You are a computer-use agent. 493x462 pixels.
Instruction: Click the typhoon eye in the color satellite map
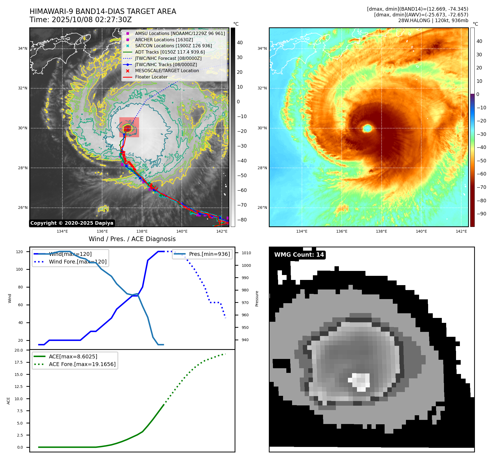pyautogui.click(x=367, y=128)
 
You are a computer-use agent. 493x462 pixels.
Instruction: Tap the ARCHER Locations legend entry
pyautogui.click(x=164, y=40)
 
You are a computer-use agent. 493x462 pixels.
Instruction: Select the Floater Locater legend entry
pyautogui.click(x=151, y=77)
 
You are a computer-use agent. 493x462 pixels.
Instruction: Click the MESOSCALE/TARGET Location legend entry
pyautogui.click(x=167, y=71)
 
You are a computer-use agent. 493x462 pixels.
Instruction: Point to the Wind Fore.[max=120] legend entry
pyautogui.click(x=77, y=262)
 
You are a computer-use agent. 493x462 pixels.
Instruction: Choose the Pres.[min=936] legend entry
pyautogui.click(x=209, y=254)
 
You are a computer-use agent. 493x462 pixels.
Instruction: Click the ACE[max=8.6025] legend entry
pyautogui.click(x=73, y=356)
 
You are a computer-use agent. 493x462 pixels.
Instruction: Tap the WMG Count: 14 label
pyautogui.click(x=299, y=255)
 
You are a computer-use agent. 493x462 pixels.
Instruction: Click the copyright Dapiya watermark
pyautogui.click(x=72, y=223)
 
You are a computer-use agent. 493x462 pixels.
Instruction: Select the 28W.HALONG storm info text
pyautogui.click(x=433, y=21)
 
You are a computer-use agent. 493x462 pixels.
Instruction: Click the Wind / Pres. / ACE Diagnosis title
pyautogui.click(x=132, y=239)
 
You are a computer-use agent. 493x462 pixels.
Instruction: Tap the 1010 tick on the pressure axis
pyautogui.click(x=246, y=253)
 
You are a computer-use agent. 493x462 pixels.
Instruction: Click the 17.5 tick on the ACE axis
pyautogui.click(x=19, y=362)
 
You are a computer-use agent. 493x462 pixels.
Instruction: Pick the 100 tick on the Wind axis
pyautogui.click(x=19, y=269)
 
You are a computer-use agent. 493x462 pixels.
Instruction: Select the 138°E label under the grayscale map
pyautogui.click(x=142, y=231)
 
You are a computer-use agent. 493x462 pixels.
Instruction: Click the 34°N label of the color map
pyautogui.click(x=262, y=48)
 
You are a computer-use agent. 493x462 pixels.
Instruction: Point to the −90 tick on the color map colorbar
pyautogui.click(x=481, y=214)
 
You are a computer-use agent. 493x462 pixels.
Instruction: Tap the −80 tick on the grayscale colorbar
pyautogui.click(x=242, y=220)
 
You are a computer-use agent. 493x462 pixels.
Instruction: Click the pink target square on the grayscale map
pyautogui.click(x=129, y=127)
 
